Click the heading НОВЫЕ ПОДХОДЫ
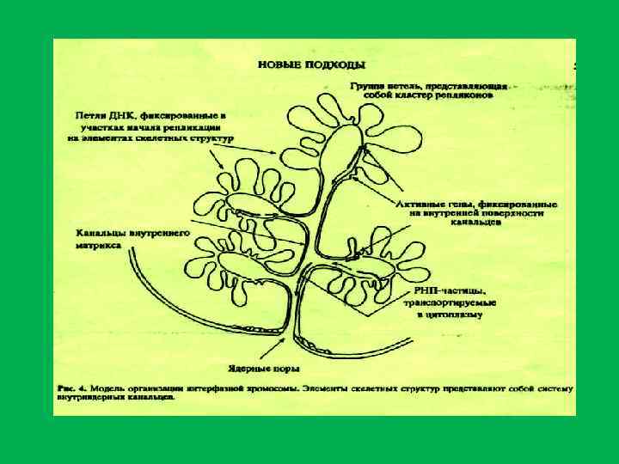point(311,64)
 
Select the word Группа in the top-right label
point(366,87)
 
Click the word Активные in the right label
point(420,204)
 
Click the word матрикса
point(92,244)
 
